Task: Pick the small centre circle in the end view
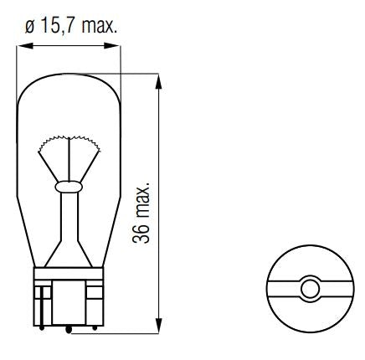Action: (x=308, y=290)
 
